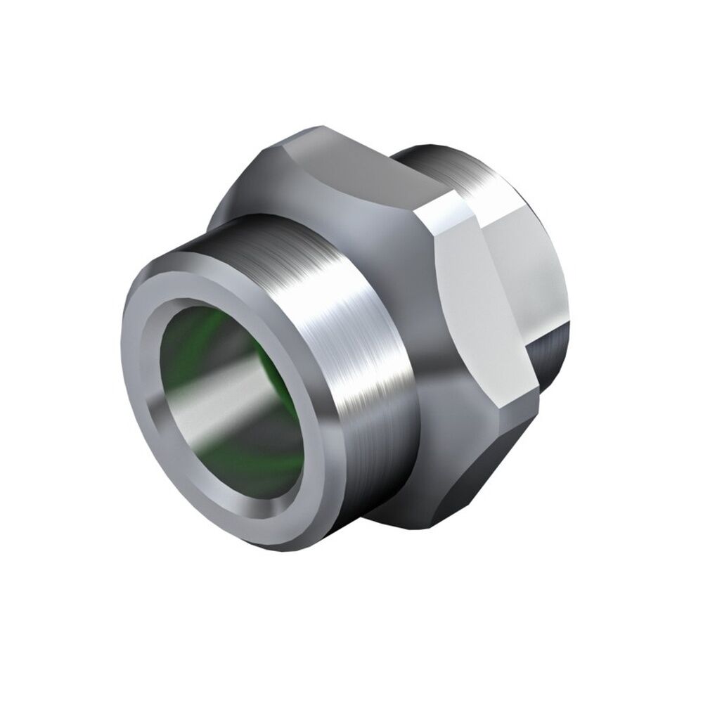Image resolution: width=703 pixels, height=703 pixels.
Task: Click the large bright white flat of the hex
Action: [485, 295]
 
